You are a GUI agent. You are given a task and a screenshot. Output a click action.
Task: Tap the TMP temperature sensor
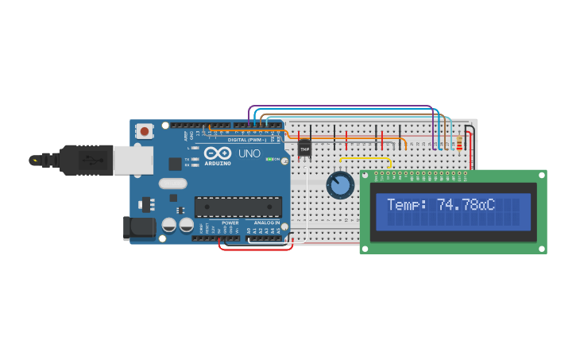click(304, 149)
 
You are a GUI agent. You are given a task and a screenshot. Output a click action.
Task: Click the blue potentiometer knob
click(340, 186)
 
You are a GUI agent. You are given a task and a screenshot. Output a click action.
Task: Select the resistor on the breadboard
click(459, 144)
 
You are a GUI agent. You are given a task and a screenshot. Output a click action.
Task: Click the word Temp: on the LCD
click(407, 205)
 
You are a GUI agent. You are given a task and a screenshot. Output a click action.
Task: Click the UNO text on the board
click(249, 153)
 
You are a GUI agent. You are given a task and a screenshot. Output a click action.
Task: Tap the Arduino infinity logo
click(216, 153)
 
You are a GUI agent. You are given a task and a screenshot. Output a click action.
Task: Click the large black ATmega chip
click(238, 207)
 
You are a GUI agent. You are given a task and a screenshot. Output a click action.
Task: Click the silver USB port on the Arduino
click(133, 160)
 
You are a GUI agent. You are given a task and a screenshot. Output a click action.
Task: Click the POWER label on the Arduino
click(230, 223)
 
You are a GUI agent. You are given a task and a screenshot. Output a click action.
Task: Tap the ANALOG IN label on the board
click(267, 223)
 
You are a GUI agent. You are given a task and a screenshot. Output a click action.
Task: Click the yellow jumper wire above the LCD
click(365, 157)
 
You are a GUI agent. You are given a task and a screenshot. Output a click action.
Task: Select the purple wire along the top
click(342, 106)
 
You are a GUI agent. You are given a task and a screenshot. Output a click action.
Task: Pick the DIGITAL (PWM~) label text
click(247, 140)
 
